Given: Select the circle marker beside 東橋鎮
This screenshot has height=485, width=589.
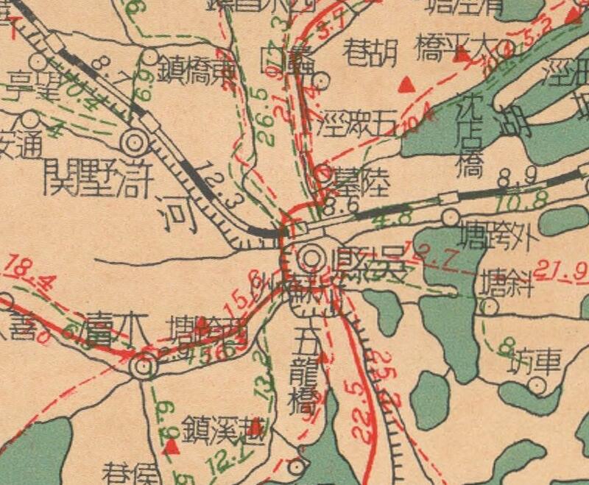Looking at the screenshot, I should point(149,56).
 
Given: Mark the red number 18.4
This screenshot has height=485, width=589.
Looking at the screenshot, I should point(22,269).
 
